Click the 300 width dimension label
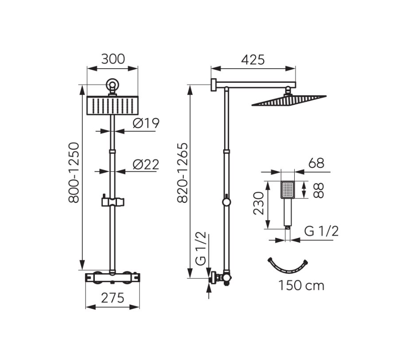pos(113,59)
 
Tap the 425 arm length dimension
pos(253,60)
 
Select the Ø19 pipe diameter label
pos(146,123)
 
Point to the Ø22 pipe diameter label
pos(146,165)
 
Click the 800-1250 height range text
pos(74,173)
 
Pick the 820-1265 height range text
pos(183,173)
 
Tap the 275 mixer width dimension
pos(113,298)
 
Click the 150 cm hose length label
pos(301,286)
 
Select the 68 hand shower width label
pos(316,163)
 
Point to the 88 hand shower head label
pos(319,191)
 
